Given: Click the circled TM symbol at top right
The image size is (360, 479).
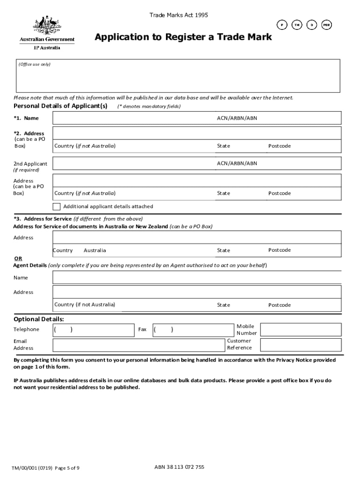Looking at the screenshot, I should (296, 25).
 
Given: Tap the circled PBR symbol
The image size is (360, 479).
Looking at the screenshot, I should (327, 25).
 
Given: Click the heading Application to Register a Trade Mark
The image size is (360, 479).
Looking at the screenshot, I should (183, 37).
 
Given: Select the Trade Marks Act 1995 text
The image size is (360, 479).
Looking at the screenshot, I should (179, 15).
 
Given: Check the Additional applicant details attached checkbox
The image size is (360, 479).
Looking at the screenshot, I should (57, 206).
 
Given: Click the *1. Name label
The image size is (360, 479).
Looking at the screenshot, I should (26, 118).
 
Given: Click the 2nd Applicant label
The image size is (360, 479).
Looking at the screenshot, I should (30, 164).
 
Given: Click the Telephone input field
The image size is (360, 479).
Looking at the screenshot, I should (94, 329).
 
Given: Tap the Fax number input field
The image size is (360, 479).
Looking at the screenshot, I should (194, 329).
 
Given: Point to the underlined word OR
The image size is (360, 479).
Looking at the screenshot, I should (18, 258).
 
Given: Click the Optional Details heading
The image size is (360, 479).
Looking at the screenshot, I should (39, 319).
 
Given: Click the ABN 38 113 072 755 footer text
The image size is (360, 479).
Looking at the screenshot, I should (179, 467).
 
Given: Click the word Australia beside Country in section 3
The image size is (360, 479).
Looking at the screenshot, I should (95, 250).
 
